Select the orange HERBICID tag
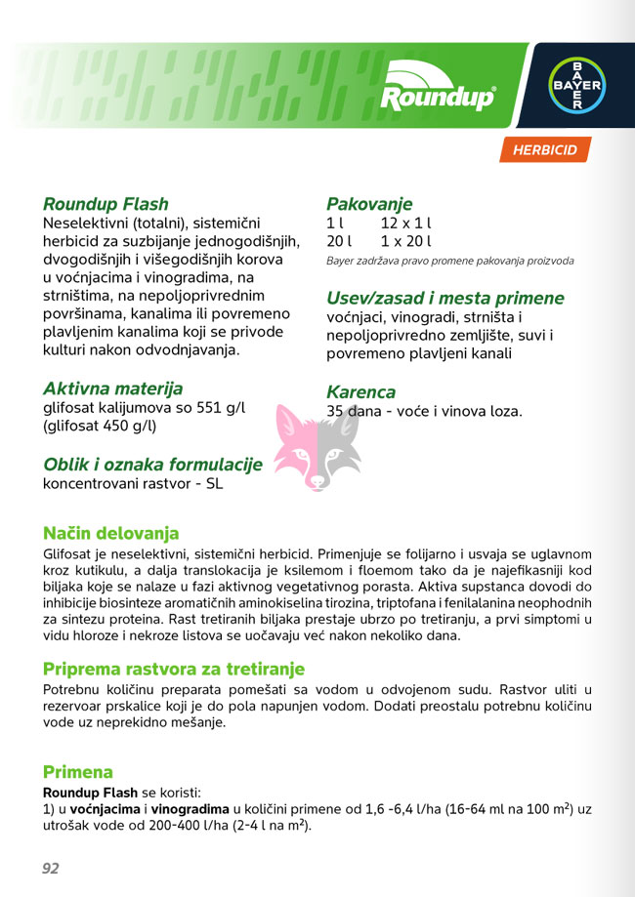pyautogui.click(x=545, y=150)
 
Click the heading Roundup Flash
pyautogui.click(x=106, y=204)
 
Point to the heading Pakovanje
pyautogui.click(x=369, y=204)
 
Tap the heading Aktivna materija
pyautogui.click(x=112, y=387)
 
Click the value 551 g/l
pyautogui.click(x=219, y=407)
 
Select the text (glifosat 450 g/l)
pyautogui.click(x=100, y=426)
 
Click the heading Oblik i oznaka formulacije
pyautogui.click(x=152, y=465)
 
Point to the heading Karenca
pyautogui.click(x=360, y=392)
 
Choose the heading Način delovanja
pyautogui.click(x=110, y=534)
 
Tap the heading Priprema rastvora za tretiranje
pyautogui.click(x=174, y=670)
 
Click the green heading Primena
pyautogui.click(x=77, y=772)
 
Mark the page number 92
pyautogui.click(x=51, y=868)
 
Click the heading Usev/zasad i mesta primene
pyautogui.click(x=444, y=298)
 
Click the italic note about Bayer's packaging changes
pyautogui.click(x=449, y=262)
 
